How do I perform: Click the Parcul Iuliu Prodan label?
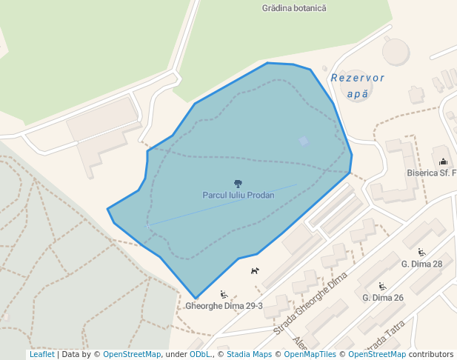(238, 196)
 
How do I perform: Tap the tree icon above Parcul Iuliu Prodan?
(238, 183)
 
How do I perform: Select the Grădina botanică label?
(294, 8)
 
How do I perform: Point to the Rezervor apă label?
(358, 86)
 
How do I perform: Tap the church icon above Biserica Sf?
(443, 161)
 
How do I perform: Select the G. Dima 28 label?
(421, 264)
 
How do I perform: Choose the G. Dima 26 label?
(383, 298)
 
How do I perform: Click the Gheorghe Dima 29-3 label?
(224, 305)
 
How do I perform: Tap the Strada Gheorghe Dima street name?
(311, 303)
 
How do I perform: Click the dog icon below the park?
(255, 271)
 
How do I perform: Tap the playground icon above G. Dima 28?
(421, 252)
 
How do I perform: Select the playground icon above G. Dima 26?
(382, 286)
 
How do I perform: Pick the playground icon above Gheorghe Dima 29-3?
(224, 294)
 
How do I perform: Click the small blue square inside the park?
(304, 141)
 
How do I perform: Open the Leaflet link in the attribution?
(41, 355)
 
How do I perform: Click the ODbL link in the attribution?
(200, 355)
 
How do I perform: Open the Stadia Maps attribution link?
(249, 355)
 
